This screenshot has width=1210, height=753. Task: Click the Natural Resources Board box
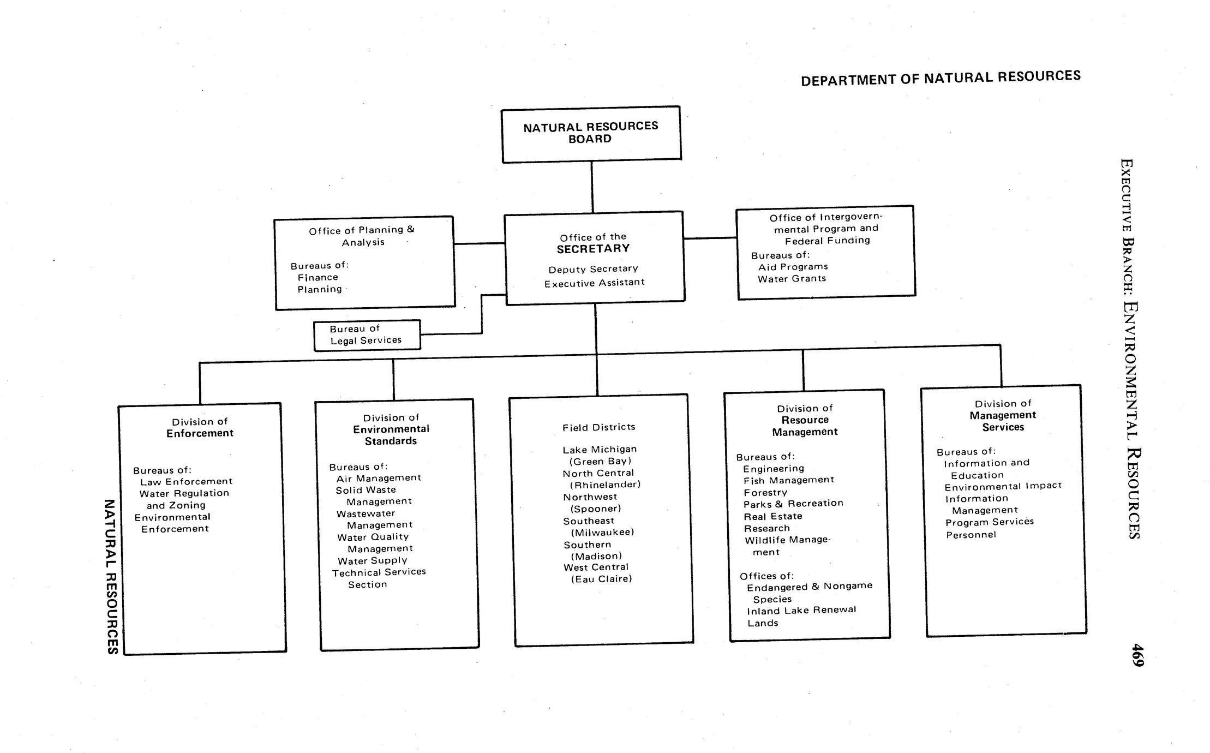point(591,134)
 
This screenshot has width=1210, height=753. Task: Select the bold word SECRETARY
point(593,249)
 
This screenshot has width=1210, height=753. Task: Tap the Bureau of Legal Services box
point(367,335)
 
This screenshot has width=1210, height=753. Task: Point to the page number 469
point(1137,655)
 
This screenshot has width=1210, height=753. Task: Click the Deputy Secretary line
point(593,269)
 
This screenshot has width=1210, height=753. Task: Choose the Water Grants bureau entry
point(792,279)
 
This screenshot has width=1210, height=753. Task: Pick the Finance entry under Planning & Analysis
point(318,277)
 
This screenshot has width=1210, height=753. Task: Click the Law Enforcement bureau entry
point(186,482)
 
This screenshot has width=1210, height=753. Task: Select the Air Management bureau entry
point(379,478)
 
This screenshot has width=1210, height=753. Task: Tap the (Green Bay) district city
point(600,461)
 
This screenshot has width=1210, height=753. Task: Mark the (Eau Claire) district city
point(601,579)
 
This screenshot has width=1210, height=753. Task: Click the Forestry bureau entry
point(765,492)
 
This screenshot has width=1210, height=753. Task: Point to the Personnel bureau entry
point(971,535)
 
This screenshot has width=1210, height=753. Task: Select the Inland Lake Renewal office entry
point(801,610)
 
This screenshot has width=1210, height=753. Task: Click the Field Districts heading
point(598,427)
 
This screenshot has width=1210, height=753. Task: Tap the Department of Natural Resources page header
point(941,78)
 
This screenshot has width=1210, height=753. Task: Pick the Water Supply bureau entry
point(372,560)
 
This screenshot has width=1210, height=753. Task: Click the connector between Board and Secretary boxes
point(592,187)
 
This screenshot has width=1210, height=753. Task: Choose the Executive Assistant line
point(594,283)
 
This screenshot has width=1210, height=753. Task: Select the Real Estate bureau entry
point(772,516)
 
